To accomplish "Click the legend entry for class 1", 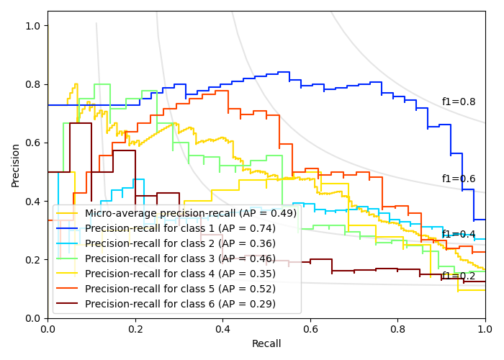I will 180,228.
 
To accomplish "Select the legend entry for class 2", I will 180,243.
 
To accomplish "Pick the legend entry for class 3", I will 180,258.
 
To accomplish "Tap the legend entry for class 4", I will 180,274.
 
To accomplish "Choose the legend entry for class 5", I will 180,289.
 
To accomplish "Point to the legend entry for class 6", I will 180,304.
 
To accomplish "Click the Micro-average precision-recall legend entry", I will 190,213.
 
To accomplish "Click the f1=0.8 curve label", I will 459,102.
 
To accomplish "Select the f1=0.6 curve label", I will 459,179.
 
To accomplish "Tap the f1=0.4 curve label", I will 459,234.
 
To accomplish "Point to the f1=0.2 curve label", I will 459,276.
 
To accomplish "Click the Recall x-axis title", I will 266,344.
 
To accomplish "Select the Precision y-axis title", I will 16,164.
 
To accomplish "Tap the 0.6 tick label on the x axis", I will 310,328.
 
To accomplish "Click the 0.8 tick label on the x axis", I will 397,328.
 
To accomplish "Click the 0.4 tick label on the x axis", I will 222,328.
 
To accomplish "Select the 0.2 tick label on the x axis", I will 135,328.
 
